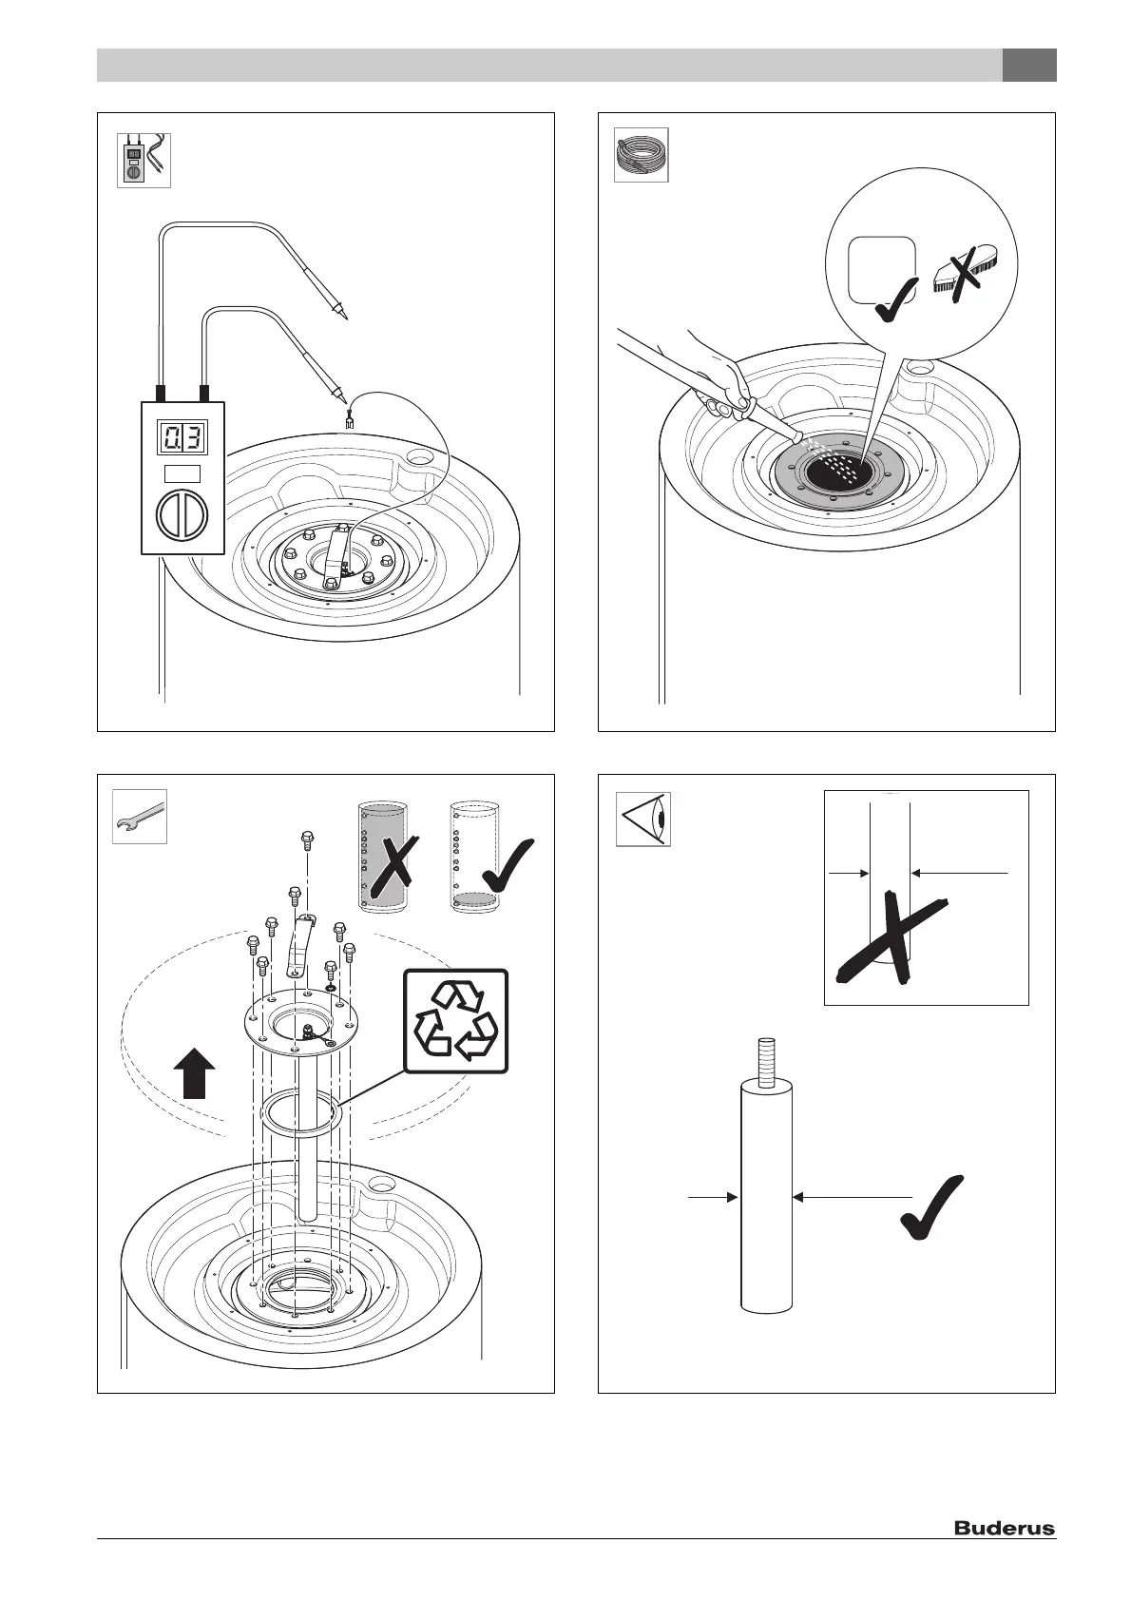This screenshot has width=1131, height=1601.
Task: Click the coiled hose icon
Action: click(x=642, y=155)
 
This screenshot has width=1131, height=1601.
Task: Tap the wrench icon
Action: click(x=140, y=816)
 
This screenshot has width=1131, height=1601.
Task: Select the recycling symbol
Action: click(x=456, y=1021)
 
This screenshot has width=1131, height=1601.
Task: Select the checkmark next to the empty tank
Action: click(x=507, y=863)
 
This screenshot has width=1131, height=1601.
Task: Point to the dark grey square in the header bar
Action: click(x=1029, y=66)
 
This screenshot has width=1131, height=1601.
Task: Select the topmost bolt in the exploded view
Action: click(x=308, y=839)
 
